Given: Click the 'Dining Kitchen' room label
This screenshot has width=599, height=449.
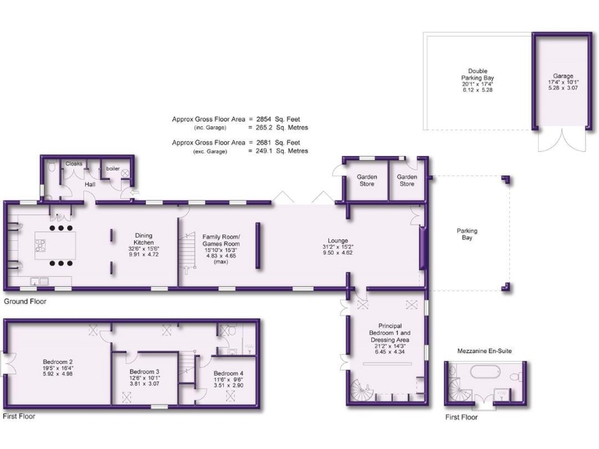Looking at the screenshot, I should point(143,239).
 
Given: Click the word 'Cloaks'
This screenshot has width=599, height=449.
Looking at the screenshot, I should point(74,164).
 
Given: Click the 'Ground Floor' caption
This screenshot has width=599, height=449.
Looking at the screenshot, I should point(26,301).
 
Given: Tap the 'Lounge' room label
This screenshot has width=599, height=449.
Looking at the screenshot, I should point(338,241).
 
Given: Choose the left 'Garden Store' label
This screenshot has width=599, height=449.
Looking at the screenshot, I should point(367,181).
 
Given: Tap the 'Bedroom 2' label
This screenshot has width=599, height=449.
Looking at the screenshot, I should point(58,362).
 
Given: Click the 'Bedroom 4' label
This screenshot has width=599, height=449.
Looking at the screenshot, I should point(228,373).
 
